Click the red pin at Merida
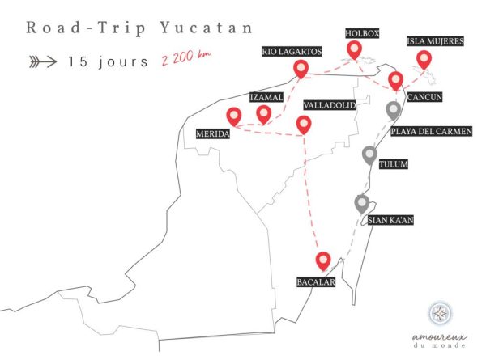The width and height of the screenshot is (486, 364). point(235,116)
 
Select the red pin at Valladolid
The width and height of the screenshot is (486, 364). point(304,123)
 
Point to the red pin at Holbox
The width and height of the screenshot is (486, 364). point(354,49)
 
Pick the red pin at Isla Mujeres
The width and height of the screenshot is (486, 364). point(423,58)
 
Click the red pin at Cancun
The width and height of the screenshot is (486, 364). point(395,79)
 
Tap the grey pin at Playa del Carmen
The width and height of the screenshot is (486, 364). point(394,110)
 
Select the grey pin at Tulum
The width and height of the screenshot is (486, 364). point(369,154)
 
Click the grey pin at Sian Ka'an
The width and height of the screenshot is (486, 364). point(362,203)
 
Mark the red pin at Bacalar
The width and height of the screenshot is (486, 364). point(324,260)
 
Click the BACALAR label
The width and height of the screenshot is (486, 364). point(316,281)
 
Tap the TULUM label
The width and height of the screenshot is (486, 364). point(394,165)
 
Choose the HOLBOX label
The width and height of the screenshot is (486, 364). point(360,34)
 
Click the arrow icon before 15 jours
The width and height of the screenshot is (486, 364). point(42,61)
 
